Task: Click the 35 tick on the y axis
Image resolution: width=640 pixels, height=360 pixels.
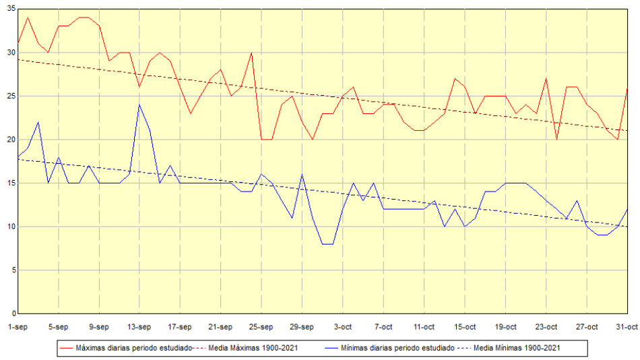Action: pyautogui.click(x=10, y=9)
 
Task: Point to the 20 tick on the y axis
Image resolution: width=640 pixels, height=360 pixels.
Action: pyautogui.click(x=10, y=140)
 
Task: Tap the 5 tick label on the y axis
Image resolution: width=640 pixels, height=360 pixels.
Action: pyautogui.click(x=12, y=270)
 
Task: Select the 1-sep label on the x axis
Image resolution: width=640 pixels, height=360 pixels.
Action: pyautogui.click(x=18, y=327)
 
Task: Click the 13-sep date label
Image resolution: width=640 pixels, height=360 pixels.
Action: pyautogui.click(x=139, y=327)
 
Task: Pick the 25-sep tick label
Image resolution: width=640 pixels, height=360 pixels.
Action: pyautogui.click(x=261, y=327)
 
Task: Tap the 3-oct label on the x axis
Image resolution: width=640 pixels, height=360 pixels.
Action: pyautogui.click(x=343, y=327)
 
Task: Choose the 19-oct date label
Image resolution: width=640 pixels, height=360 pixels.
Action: pyautogui.click(x=505, y=327)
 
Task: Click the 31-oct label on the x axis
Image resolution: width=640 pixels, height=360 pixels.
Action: pyautogui.click(x=627, y=327)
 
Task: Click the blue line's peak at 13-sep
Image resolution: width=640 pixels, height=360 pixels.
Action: pyautogui.click(x=139, y=104)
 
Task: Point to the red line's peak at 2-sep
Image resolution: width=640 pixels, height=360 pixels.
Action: pyautogui.click(x=28, y=18)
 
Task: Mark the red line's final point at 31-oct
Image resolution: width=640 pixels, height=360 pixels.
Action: pyautogui.click(x=627, y=88)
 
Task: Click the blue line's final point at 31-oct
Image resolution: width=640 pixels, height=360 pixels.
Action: pyautogui.click(x=627, y=209)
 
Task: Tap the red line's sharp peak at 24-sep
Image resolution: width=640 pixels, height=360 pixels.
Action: pyautogui.click(x=251, y=53)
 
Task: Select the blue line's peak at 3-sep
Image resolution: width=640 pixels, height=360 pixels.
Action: pyautogui.click(x=38, y=122)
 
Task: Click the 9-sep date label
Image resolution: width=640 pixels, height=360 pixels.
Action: pyautogui.click(x=99, y=327)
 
